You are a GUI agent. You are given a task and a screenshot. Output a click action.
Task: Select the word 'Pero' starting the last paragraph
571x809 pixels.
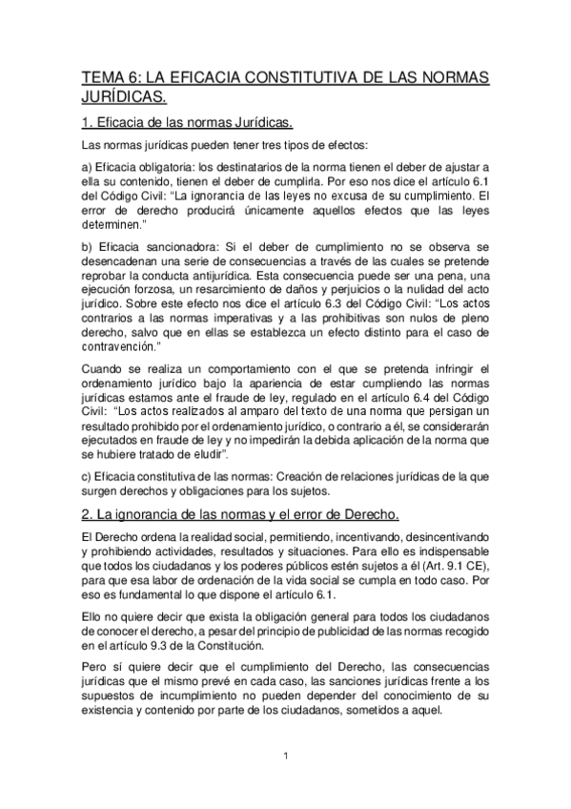[96, 669]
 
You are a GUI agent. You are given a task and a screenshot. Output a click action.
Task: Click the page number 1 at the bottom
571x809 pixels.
[286, 757]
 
